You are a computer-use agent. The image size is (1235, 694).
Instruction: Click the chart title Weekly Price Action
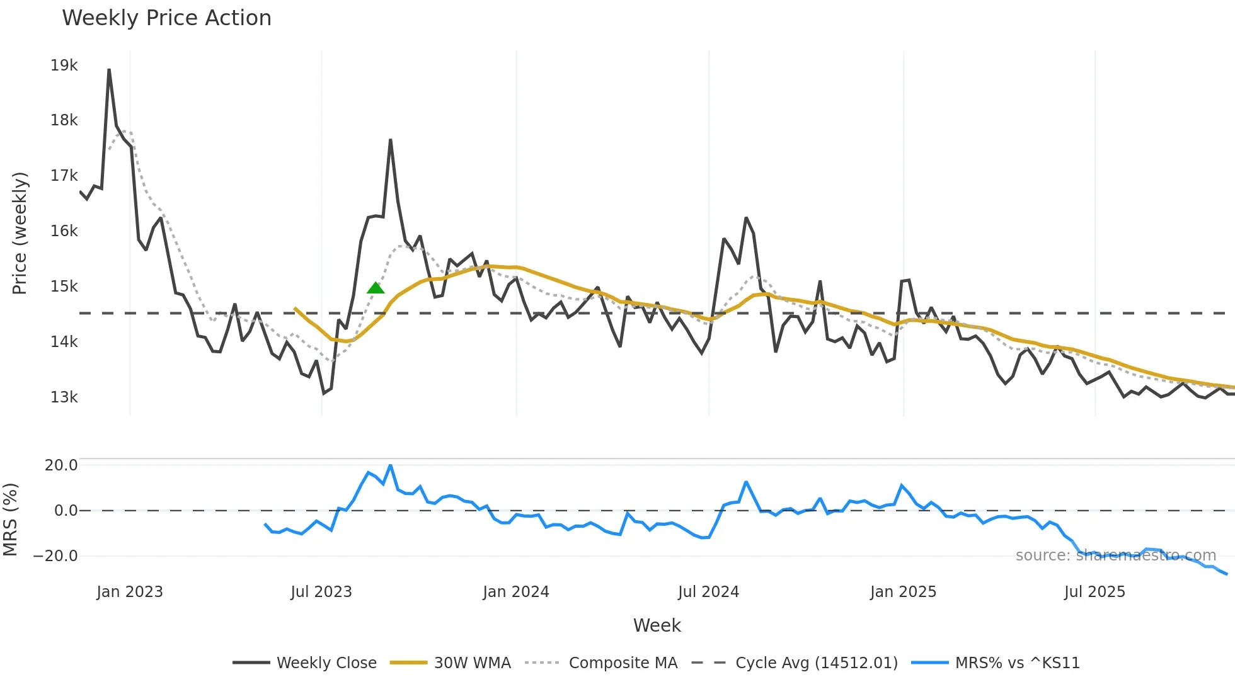pos(166,18)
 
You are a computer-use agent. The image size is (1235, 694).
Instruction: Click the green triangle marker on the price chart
pos(376,288)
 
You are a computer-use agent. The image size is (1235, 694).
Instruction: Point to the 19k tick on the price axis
pos(64,65)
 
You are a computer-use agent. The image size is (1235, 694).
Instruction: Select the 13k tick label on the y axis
pos(64,397)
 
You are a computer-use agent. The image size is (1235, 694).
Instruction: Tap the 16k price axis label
pos(64,231)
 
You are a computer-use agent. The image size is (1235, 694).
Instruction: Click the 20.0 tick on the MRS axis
pos(61,465)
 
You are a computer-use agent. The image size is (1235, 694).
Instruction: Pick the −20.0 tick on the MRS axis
pos(55,556)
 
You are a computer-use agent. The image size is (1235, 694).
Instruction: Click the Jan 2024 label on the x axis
pos(515,592)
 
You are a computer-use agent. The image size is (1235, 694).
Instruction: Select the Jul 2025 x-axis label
pos(1094,592)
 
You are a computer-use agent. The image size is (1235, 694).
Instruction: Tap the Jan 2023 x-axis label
pos(130,592)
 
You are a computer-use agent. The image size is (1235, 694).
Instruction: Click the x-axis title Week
pos(657,625)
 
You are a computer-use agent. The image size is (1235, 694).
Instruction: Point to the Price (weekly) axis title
pos(20,233)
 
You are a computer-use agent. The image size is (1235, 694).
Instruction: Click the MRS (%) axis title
pos(10,520)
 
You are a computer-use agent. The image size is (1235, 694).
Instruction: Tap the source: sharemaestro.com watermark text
pos(1115,555)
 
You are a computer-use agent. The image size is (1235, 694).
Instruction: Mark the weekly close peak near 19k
pos(109,70)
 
